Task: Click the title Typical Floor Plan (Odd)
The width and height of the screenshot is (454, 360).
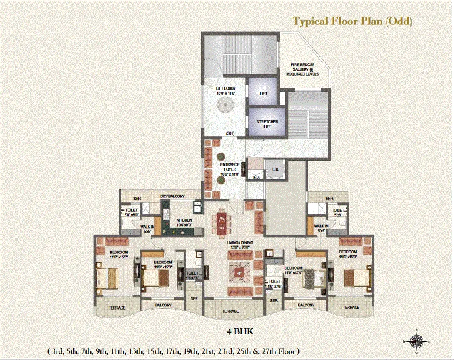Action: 352,22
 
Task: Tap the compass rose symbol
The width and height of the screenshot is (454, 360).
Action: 418,340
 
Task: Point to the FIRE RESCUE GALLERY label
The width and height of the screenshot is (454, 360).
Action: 301,69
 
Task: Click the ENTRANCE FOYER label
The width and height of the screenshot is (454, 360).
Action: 225,168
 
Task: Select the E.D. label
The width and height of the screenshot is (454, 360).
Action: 275,168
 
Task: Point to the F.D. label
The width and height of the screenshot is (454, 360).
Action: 255,176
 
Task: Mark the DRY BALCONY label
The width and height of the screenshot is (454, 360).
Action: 173,197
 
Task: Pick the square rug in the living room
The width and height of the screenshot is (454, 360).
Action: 240,272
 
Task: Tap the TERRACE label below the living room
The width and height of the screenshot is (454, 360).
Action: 231,310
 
